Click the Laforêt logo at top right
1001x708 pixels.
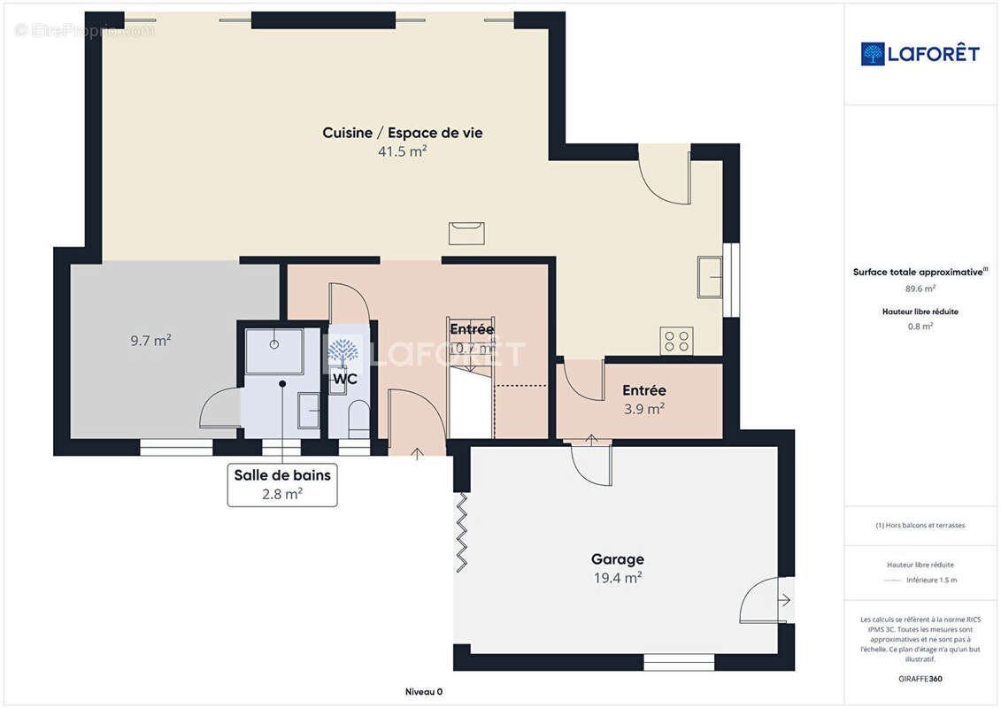click(x=920, y=54)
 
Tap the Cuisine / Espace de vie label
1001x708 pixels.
click(x=402, y=133)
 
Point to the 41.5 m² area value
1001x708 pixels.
click(x=402, y=151)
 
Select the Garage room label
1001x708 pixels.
click(x=617, y=559)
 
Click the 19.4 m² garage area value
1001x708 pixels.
click(x=617, y=578)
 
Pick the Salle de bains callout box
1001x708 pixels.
click(x=282, y=484)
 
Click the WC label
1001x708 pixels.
click(x=344, y=379)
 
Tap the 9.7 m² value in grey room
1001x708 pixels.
click(x=150, y=339)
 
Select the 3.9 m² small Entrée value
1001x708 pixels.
click(x=643, y=408)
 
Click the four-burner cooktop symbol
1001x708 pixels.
click(x=677, y=341)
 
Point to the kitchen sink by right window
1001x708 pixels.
click(x=710, y=277)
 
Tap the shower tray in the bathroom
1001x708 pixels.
click(x=273, y=350)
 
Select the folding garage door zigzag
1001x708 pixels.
click(x=462, y=533)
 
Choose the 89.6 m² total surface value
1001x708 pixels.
click(x=920, y=288)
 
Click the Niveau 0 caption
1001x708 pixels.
click(x=424, y=691)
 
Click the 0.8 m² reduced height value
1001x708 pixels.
click(x=920, y=326)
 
